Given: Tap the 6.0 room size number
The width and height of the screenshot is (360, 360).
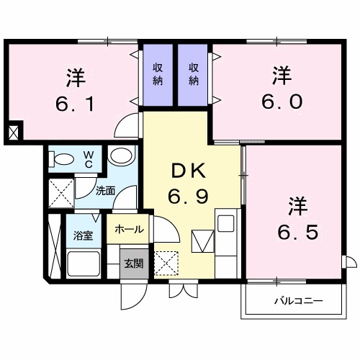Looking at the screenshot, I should point(279,101).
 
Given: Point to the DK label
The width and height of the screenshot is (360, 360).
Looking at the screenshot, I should point(189,171).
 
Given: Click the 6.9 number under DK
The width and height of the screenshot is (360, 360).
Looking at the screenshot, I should point(189,195).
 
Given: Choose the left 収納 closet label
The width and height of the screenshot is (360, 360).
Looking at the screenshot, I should point(158,73).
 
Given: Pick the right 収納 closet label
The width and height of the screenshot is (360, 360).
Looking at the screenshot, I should point(194,73).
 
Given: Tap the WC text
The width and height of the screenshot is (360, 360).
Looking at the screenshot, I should point(87,158).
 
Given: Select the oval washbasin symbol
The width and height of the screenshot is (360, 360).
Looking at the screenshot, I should point(122,156).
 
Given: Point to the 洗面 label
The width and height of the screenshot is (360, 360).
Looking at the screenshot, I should point(106,192).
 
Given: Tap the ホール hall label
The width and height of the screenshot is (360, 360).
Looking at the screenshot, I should point(129,230).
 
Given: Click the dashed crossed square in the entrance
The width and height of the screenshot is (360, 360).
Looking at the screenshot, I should point(167,262).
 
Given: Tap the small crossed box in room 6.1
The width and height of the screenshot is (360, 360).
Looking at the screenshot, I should point(14,132).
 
